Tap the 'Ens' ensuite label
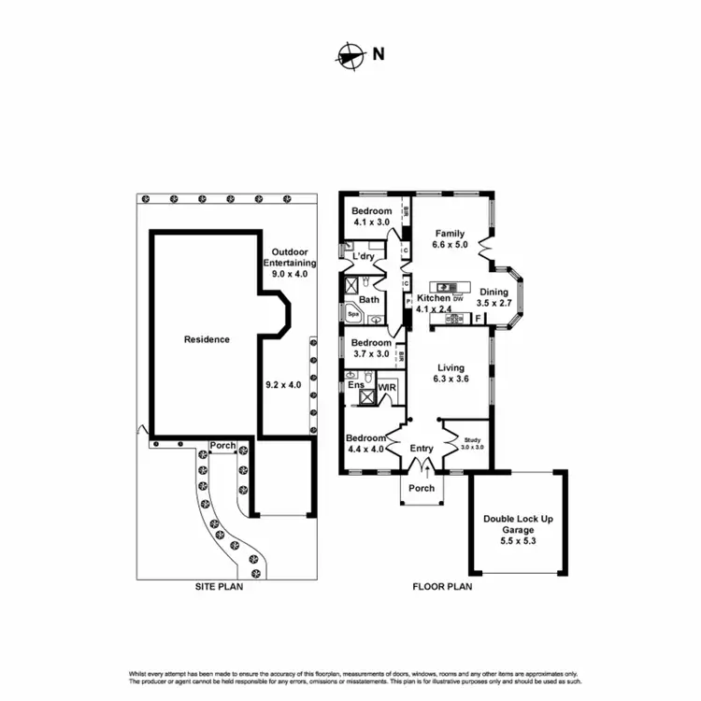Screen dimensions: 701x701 [355, 385]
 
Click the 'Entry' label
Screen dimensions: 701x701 [422, 449]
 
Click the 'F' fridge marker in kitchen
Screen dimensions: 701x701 [478, 319]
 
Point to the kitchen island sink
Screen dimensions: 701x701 [445, 286]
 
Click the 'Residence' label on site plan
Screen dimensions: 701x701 [206, 339]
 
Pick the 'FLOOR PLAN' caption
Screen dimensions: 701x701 [442, 588]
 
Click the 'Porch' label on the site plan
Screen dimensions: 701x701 [222, 445]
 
